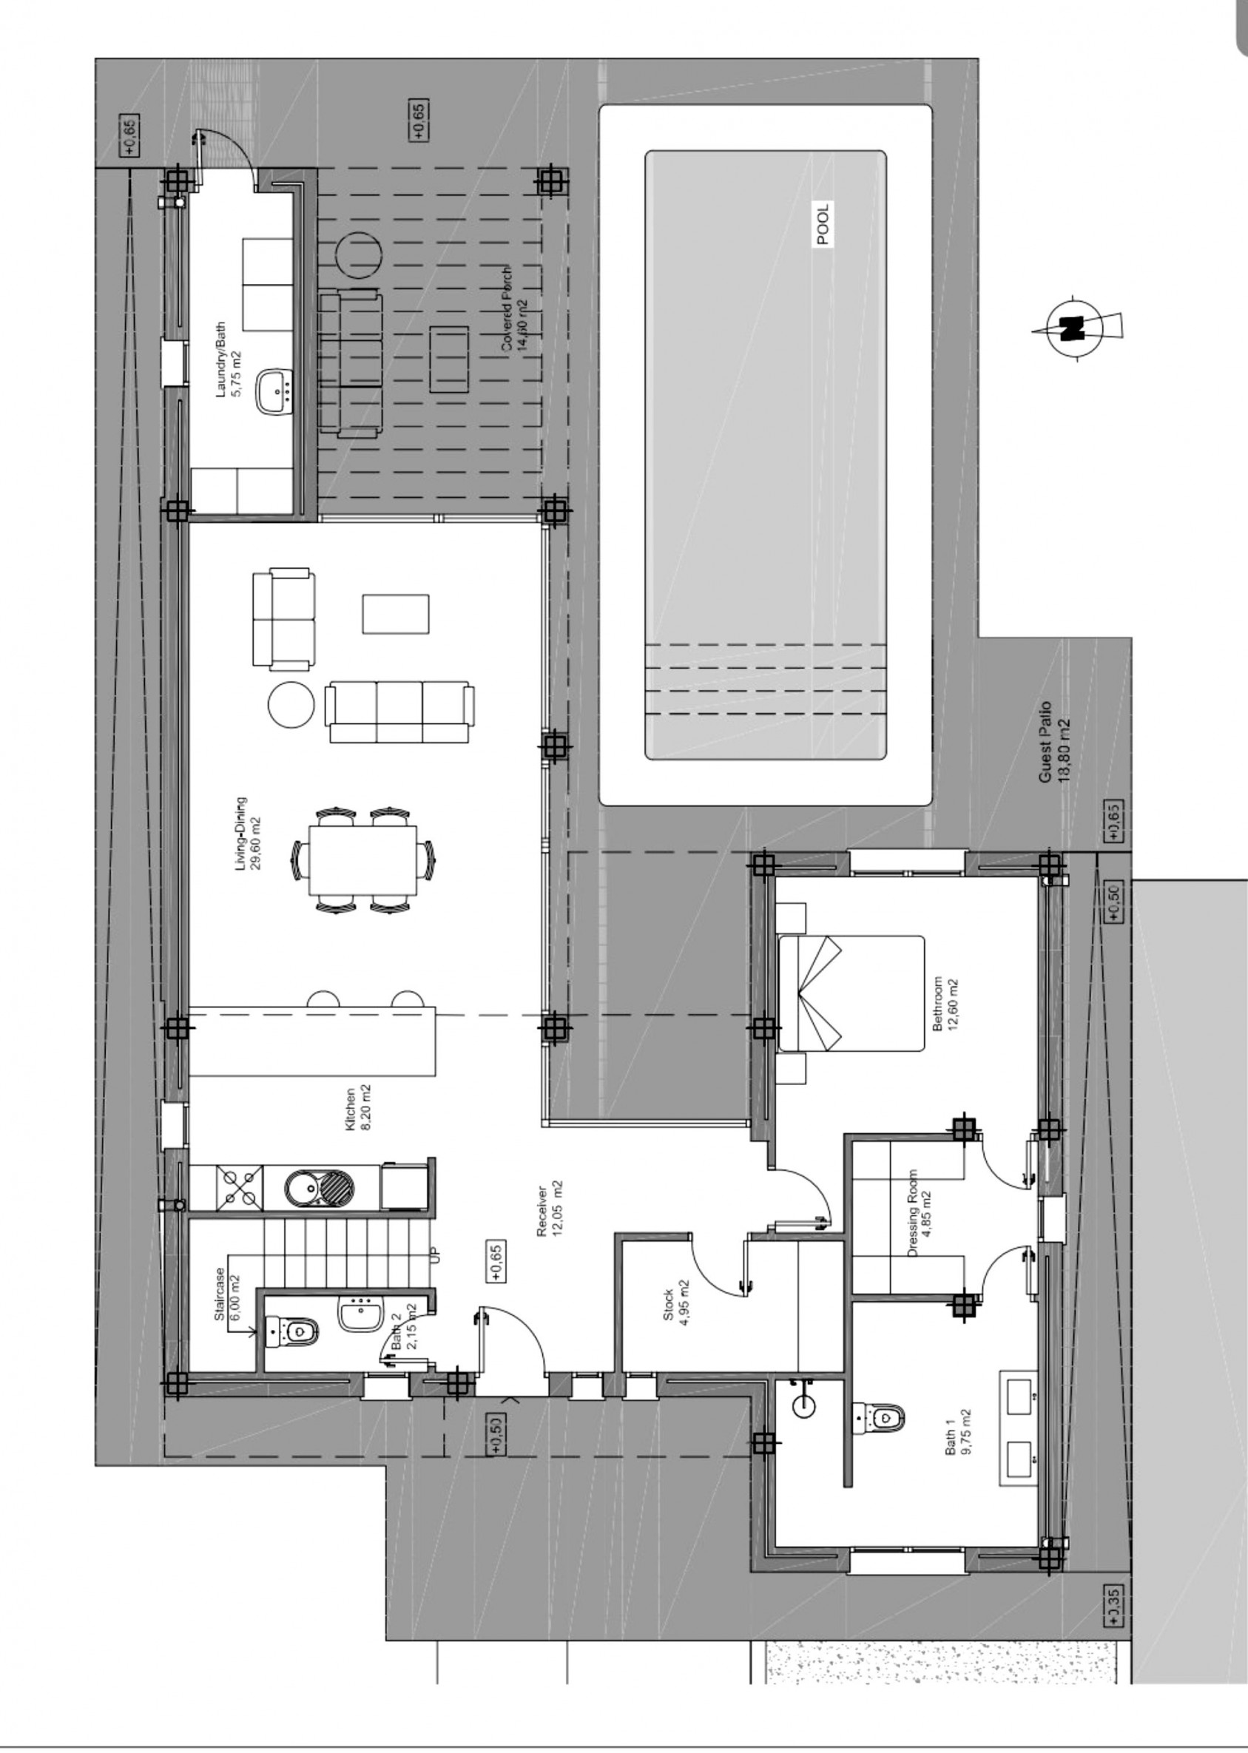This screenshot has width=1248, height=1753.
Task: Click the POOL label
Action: [823, 224]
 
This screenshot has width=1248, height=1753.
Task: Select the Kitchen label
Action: [357, 1109]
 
